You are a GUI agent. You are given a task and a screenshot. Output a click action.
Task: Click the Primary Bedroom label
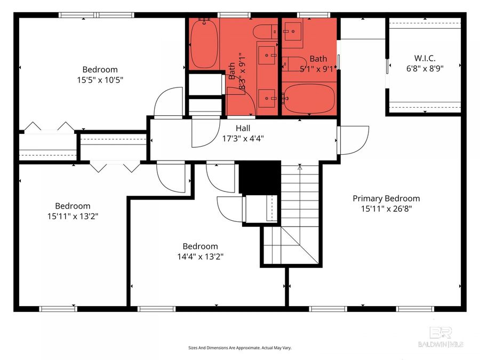(x=386, y=198)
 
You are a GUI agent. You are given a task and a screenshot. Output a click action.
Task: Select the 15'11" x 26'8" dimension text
(x=386, y=209)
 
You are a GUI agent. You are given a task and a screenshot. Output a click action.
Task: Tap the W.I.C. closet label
(x=425, y=58)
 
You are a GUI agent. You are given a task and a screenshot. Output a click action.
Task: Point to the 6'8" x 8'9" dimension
(x=425, y=68)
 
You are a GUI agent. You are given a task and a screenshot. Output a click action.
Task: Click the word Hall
(x=243, y=128)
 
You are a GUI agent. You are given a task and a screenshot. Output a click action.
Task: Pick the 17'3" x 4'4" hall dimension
(x=243, y=138)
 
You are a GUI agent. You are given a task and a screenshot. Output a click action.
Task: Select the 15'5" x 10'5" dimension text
(x=100, y=79)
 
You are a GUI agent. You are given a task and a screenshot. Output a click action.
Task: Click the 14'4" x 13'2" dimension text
(x=200, y=256)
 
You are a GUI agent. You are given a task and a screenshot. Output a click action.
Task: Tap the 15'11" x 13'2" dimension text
(x=73, y=216)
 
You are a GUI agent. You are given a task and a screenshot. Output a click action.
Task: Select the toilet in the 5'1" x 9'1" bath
(x=293, y=63)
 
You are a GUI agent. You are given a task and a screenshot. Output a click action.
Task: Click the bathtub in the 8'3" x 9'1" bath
(x=203, y=44)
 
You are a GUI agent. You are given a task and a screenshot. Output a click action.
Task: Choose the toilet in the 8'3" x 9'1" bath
(x=264, y=32)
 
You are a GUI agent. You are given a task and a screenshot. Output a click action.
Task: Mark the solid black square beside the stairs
(x=260, y=177)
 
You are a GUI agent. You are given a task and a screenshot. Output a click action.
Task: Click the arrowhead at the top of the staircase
(x=300, y=167)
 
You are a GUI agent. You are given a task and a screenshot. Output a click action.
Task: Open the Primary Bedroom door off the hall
(x=353, y=140)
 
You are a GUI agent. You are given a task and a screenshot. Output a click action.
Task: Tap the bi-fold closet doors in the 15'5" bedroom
(x=49, y=127)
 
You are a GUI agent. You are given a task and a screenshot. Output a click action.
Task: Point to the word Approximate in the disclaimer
(x=243, y=348)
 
